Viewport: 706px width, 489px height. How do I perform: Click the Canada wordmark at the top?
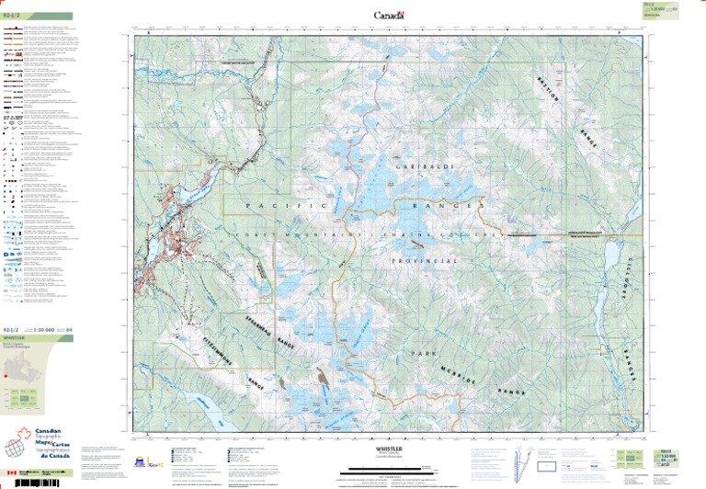388,15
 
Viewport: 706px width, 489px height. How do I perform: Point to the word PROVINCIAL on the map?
424,262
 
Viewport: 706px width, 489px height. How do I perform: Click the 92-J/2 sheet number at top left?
11,16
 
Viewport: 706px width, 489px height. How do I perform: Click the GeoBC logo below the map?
156,462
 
